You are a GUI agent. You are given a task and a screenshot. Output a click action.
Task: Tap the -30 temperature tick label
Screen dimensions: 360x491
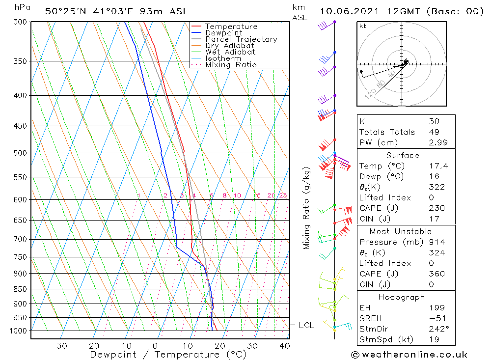point(58,346)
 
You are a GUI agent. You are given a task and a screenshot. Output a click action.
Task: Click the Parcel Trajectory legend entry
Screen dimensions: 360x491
point(241,39)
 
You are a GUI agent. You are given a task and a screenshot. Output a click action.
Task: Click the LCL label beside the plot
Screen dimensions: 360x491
point(306,325)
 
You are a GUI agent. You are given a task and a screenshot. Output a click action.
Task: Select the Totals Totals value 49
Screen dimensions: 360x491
point(434,132)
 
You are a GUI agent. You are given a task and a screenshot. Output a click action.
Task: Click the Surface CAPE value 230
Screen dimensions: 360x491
point(436,208)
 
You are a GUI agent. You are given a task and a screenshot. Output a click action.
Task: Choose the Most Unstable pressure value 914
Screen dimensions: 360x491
point(436,242)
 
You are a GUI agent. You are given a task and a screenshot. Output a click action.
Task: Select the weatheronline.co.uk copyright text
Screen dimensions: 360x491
point(409,355)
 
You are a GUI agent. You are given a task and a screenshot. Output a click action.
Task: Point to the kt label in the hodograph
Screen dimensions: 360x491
point(363,26)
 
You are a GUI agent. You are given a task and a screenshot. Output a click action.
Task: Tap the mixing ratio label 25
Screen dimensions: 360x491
point(283,195)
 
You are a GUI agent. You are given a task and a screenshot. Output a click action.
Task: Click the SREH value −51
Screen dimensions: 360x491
point(436,318)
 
